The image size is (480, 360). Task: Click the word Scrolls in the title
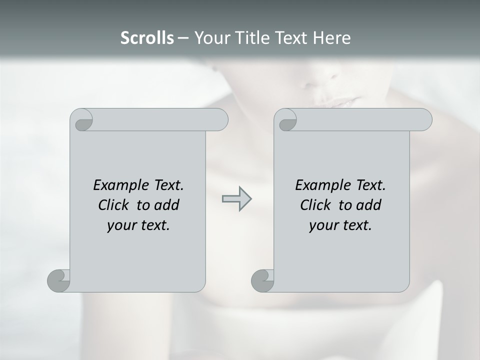(147, 38)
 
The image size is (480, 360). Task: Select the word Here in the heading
(332, 38)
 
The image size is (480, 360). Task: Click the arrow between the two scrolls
(236, 198)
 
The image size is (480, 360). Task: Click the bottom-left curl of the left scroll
(59, 280)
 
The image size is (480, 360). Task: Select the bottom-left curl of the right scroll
(262, 280)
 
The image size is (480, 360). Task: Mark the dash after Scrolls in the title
(183, 38)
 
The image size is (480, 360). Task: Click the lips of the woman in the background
(340, 102)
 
